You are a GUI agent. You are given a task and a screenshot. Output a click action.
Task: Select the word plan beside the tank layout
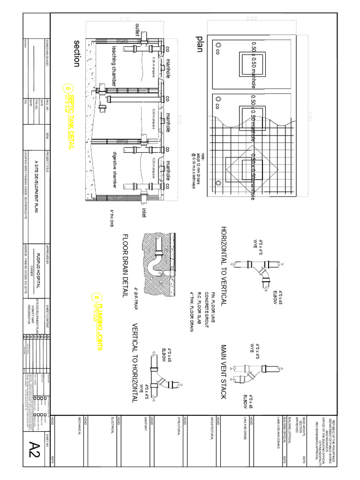click(200, 43)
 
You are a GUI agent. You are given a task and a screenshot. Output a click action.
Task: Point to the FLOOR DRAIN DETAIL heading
click(125, 265)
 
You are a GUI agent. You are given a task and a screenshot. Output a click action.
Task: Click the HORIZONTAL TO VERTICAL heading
click(224, 265)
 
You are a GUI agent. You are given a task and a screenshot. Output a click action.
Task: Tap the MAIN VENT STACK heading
click(224, 372)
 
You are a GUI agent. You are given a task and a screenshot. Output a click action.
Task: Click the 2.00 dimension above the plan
click(251, 18)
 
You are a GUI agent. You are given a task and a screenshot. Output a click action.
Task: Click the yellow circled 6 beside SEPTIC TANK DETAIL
click(69, 89)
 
